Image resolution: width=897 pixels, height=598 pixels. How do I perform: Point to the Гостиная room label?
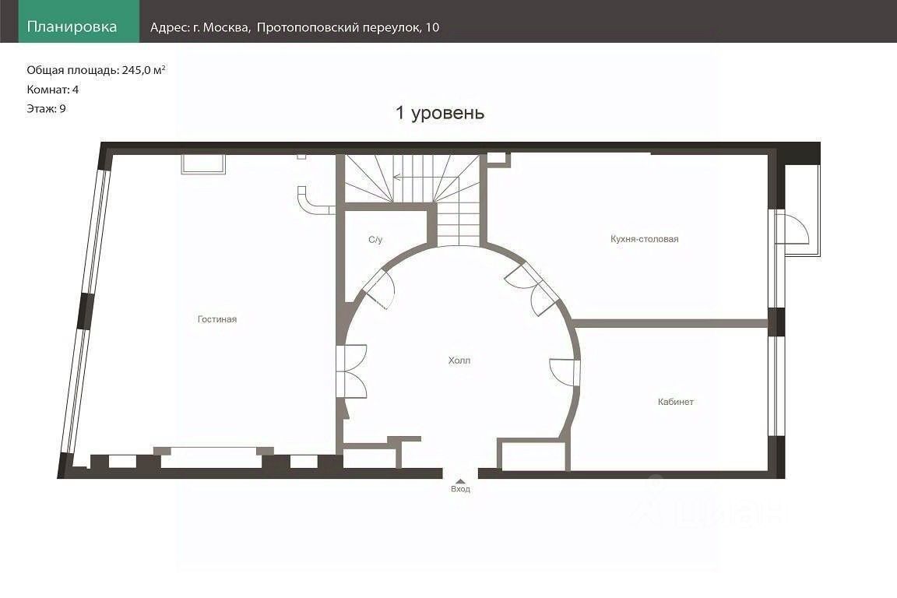pos(216,319)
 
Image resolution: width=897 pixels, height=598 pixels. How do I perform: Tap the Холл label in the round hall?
pos(459,361)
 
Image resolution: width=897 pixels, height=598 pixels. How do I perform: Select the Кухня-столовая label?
pos(644,239)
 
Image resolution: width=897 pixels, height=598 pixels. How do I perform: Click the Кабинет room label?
pos(676,402)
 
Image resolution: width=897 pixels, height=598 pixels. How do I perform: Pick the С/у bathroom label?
pos(375,240)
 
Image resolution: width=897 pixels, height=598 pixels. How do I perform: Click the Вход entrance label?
pos(460,489)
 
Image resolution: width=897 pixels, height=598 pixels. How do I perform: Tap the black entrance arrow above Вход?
pos(460,482)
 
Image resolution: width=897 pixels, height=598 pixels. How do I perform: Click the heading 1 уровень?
pos(440,113)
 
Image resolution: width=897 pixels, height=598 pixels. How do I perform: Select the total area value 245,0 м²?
pos(143,70)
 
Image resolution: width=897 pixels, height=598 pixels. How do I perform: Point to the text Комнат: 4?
pos(53,90)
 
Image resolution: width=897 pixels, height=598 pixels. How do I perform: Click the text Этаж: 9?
pos(47,109)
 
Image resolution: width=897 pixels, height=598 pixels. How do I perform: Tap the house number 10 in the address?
pos(432,27)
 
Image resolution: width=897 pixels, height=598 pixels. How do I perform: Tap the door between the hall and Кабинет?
pos(565,371)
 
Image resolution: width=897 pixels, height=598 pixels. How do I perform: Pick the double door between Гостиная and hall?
pos(351,371)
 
